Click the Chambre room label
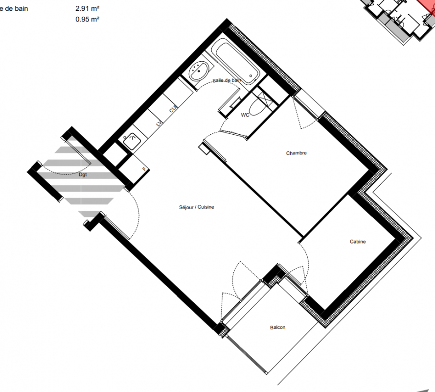pos(297,153)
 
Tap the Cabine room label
pos(358,242)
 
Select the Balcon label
pos(278,327)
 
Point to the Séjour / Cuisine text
pos(197,207)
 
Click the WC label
pos(245,115)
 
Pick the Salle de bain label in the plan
pos(227,80)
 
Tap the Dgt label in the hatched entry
pos(83,175)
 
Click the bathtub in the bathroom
pos(235,61)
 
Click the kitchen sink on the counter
pos(132,141)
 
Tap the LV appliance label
pos(159,123)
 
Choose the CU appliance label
pos(173,109)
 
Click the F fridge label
pos(144,169)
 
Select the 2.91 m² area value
pos(88,9)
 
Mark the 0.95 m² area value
pos(88,19)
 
